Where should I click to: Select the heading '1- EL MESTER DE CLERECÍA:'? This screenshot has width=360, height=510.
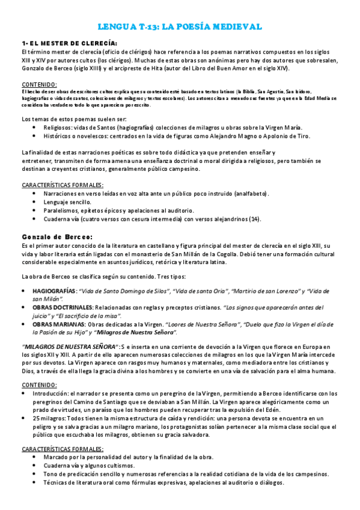tap(69, 43)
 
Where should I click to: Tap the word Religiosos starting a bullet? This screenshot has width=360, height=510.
tap(58, 127)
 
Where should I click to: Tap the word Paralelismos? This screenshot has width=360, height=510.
tap(61, 210)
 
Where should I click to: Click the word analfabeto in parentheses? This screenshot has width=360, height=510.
tap(250, 194)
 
